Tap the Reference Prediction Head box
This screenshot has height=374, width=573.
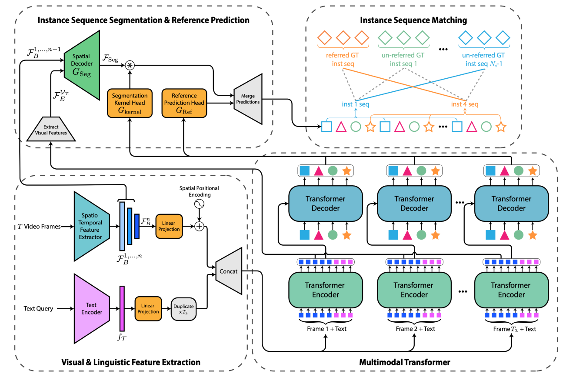click(184, 103)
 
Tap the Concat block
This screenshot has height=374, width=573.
click(229, 271)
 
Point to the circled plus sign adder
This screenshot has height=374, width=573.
click(199, 226)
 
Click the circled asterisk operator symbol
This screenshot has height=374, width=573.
click(130, 65)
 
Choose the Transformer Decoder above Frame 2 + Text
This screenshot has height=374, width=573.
click(414, 204)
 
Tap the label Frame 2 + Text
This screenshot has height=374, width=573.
click(415, 329)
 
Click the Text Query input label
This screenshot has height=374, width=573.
click(38, 309)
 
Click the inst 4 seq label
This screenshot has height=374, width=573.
click(465, 105)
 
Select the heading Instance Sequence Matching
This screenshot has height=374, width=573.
click(413, 20)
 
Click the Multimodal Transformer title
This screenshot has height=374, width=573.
click(404, 362)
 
